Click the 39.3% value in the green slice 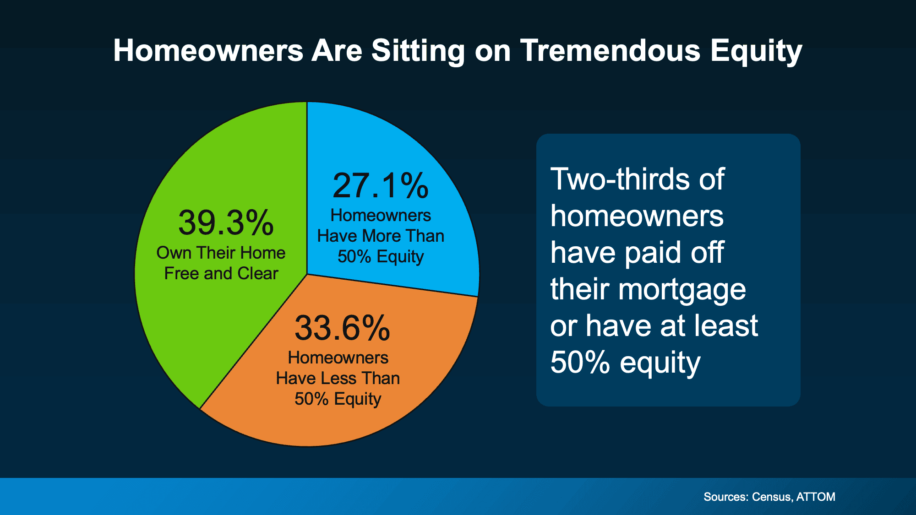pyautogui.click(x=226, y=223)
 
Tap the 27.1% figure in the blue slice pyautogui.click(x=380, y=186)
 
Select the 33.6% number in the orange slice pyautogui.click(x=342, y=328)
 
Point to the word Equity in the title pyautogui.click(x=756, y=51)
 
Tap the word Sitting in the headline pyautogui.click(x=418, y=51)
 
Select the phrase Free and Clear pyautogui.click(x=221, y=273)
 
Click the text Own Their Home pyautogui.click(x=221, y=253)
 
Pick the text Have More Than pyautogui.click(x=381, y=236)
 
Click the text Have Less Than pyautogui.click(x=338, y=378)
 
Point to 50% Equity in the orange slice pyautogui.click(x=338, y=399)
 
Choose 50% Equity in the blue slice pyautogui.click(x=381, y=256)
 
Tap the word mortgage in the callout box pyautogui.click(x=682, y=290)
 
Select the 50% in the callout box pyautogui.click(x=580, y=362)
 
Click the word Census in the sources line pyautogui.click(x=771, y=497)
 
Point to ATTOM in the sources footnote pyautogui.click(x=816, y=497)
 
